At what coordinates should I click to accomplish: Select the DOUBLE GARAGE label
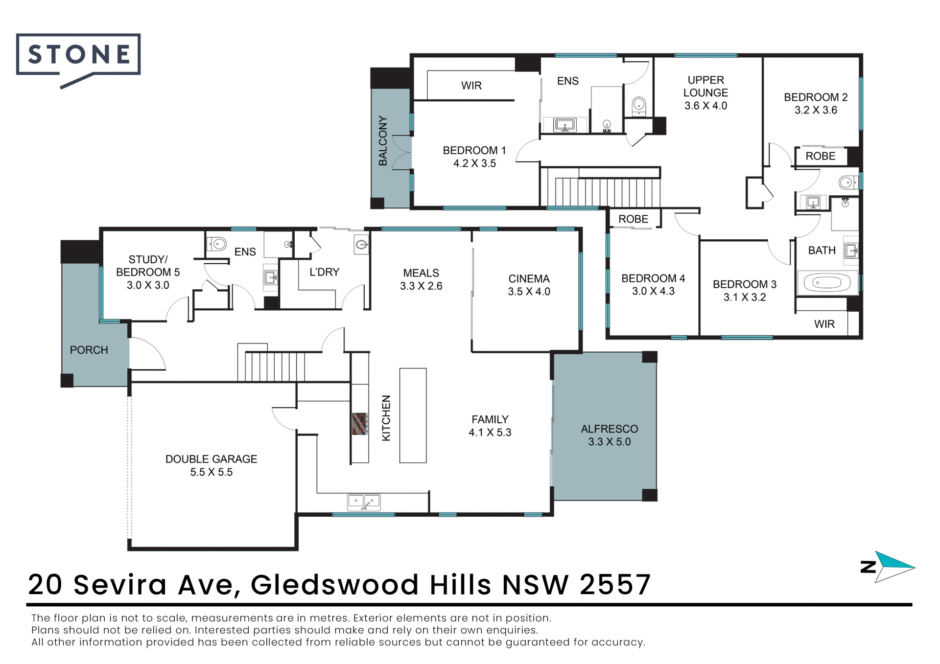click(x=211, y=459)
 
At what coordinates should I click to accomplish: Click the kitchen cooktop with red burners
click(x=360, y=424)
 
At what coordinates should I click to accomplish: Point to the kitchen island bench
click(x=413, y=415)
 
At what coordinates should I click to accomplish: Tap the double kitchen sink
click(x=364, y=502)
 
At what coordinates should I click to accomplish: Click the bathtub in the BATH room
click(x=827, y=282)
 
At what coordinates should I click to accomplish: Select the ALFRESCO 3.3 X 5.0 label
click(x=610, y=435)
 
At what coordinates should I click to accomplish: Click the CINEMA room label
click(x=529, y=278)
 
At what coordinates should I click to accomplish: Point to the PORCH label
click(x=89, y=350)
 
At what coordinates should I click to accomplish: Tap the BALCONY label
click(x=383, y=140)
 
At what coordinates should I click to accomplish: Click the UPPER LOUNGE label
click(x=705, y=86)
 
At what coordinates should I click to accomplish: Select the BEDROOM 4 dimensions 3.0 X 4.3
click(x=653, y=291)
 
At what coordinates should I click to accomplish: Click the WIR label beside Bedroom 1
click(x=471, y=86)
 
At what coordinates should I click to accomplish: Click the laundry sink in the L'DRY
click(x=361, y=244)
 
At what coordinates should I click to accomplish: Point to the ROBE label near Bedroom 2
click(x=821, y=156)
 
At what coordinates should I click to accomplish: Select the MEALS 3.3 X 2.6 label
click(x=421, y=279)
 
